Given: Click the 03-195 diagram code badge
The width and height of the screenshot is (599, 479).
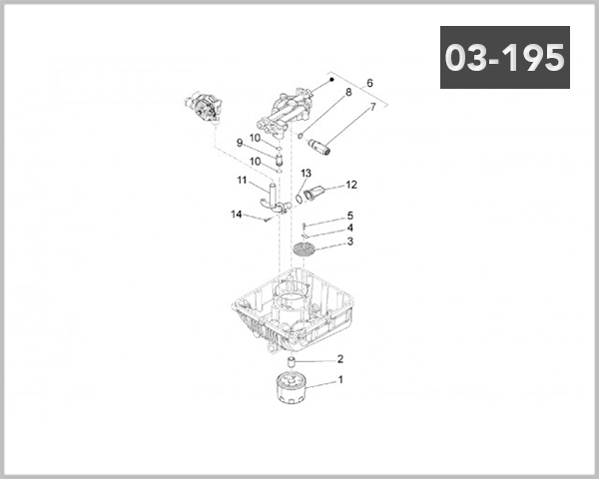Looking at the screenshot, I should (x=504, y=57).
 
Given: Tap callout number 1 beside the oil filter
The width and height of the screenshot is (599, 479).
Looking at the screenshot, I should (x=340, y=379).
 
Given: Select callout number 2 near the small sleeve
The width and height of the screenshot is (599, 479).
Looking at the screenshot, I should (x=340, y=359).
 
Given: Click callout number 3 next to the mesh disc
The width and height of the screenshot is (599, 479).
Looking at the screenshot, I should (x=349, y=241).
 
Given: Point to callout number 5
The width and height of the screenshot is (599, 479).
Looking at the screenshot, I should (x=349, y=216).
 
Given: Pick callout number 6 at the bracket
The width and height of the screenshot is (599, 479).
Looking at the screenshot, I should (x=369, y=83).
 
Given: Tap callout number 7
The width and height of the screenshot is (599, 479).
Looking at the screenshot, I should (x=372, y=107).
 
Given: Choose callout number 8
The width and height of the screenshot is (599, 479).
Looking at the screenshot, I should (x=348, y=93).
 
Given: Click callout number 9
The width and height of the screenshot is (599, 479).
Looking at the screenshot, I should (x=240, y=143).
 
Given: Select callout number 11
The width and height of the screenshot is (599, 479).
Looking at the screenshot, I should (x=242, y=181).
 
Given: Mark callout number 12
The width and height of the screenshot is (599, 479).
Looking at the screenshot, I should (x=350, y=185).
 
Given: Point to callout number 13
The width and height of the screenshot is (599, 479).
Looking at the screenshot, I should (x=306, y=174).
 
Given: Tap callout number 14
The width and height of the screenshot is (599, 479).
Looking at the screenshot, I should (x=237, y=215).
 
